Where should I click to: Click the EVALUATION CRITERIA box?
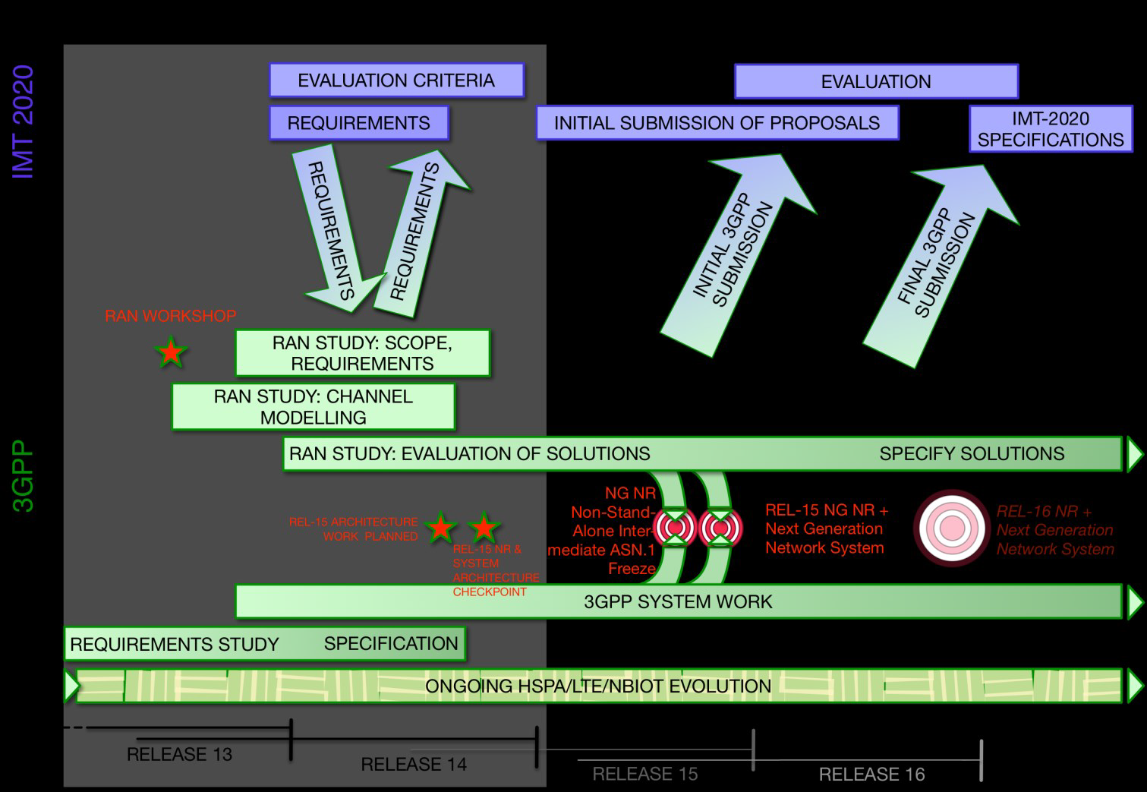[397, 80]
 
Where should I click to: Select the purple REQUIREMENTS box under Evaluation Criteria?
[359, 123]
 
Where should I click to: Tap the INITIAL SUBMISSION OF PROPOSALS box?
[717, 123]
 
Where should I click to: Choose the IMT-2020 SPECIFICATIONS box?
[1051, 129]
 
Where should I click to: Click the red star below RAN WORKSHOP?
[171, 352]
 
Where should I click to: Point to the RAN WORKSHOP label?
[171, 316]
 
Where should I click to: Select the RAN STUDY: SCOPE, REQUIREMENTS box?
[363, 353]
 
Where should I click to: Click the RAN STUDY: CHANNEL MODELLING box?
[314, 407]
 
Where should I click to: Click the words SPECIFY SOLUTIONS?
[972, 454]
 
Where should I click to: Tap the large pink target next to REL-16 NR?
[951, 529]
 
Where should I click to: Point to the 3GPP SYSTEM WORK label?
[678, 601]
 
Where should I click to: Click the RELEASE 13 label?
[180, 754]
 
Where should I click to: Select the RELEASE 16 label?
[872, 774]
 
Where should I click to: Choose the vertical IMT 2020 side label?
[23, 122]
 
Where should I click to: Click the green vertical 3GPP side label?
[23, 476]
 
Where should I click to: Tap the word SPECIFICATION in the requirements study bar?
[391, 643]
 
